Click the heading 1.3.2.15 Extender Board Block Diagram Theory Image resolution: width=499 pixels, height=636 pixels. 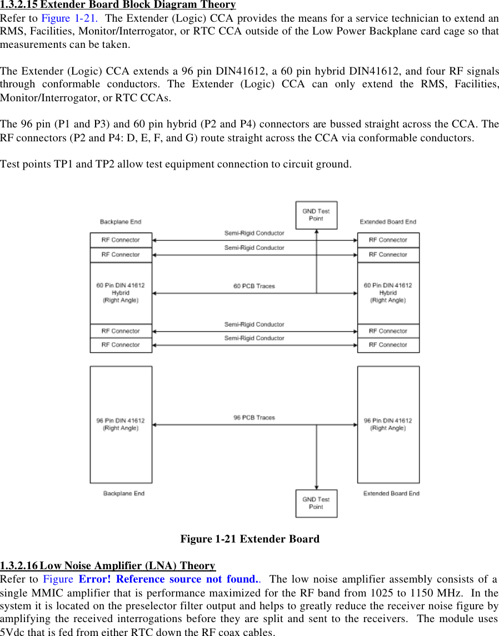[118, 5]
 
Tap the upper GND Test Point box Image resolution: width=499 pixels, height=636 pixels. [316, 215]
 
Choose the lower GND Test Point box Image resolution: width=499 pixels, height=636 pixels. [316, 503]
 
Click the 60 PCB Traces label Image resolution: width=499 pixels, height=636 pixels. [254, 287]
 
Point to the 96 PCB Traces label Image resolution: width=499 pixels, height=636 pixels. [254, 417]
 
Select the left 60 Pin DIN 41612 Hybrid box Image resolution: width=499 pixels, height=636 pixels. [121, 293]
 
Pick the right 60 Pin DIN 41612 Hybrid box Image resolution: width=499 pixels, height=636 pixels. [388, 293]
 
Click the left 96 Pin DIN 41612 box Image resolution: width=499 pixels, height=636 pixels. [121, 424]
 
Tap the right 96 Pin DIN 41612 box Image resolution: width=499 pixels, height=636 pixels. [388, 424]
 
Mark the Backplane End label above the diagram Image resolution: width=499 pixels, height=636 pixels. [121, 222]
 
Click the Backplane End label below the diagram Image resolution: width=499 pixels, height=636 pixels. [124, 494]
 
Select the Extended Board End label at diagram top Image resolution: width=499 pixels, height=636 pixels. [388, 222]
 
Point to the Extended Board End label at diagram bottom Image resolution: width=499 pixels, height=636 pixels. [391, 494]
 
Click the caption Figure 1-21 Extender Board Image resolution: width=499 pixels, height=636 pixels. [249, 539]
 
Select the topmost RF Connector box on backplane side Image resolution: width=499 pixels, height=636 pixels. [121, 240]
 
